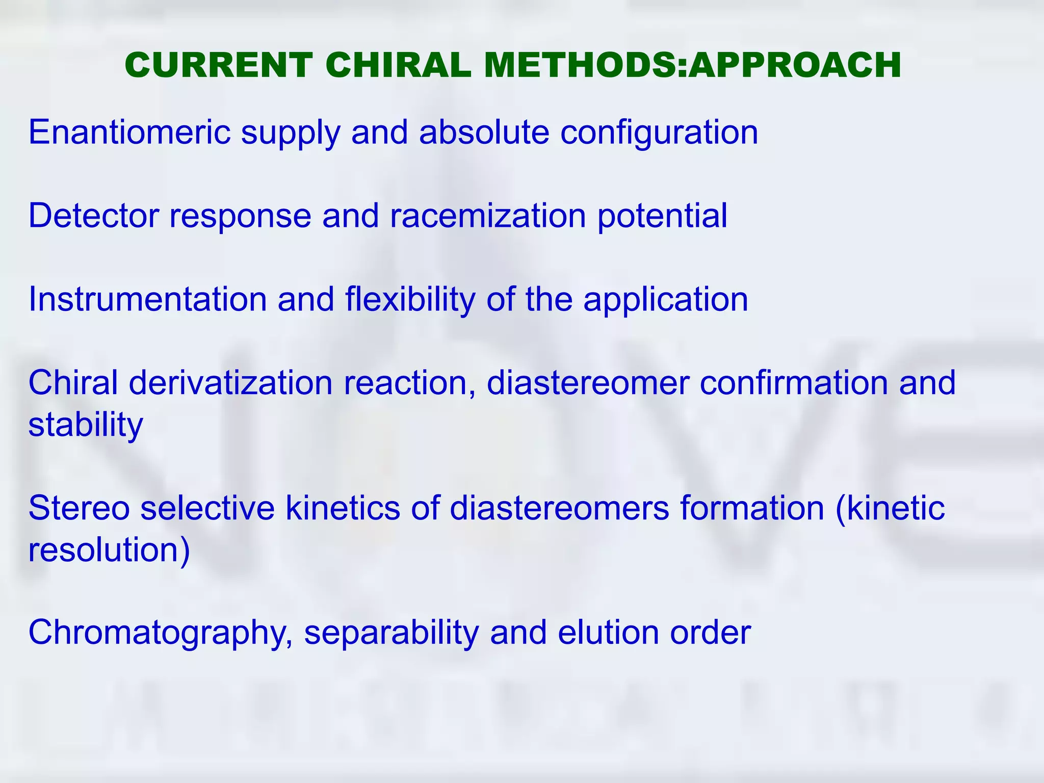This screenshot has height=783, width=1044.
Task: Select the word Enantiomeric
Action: coord(129,133)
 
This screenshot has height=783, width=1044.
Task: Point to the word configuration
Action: coord(659,133)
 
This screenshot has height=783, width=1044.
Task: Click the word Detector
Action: coord(93,216)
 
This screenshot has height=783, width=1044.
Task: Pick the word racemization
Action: coord(488,216)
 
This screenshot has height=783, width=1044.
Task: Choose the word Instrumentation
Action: coord(147,299)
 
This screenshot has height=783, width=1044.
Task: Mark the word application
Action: coord(666,300)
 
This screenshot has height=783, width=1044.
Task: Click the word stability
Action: coord(86,425)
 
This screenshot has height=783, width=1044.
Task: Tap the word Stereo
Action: coord(79,508)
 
